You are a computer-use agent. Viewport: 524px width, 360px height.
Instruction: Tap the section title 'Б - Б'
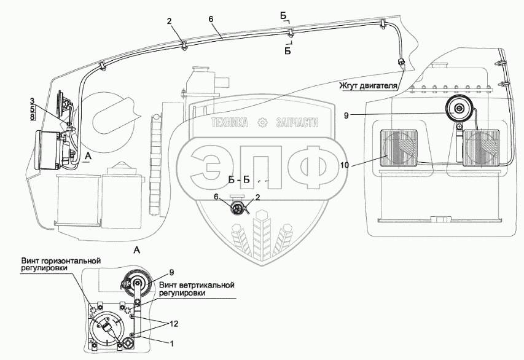(x=239, y=180)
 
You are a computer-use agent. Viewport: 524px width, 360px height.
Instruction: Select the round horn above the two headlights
(x=458, y=111)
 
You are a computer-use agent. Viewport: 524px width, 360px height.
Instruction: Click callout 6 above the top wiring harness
(x=211, y=19)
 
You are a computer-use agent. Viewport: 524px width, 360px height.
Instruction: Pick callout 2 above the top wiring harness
(x=169, y=22)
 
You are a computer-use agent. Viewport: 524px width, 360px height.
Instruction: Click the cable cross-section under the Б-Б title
(x=237, y=209)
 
